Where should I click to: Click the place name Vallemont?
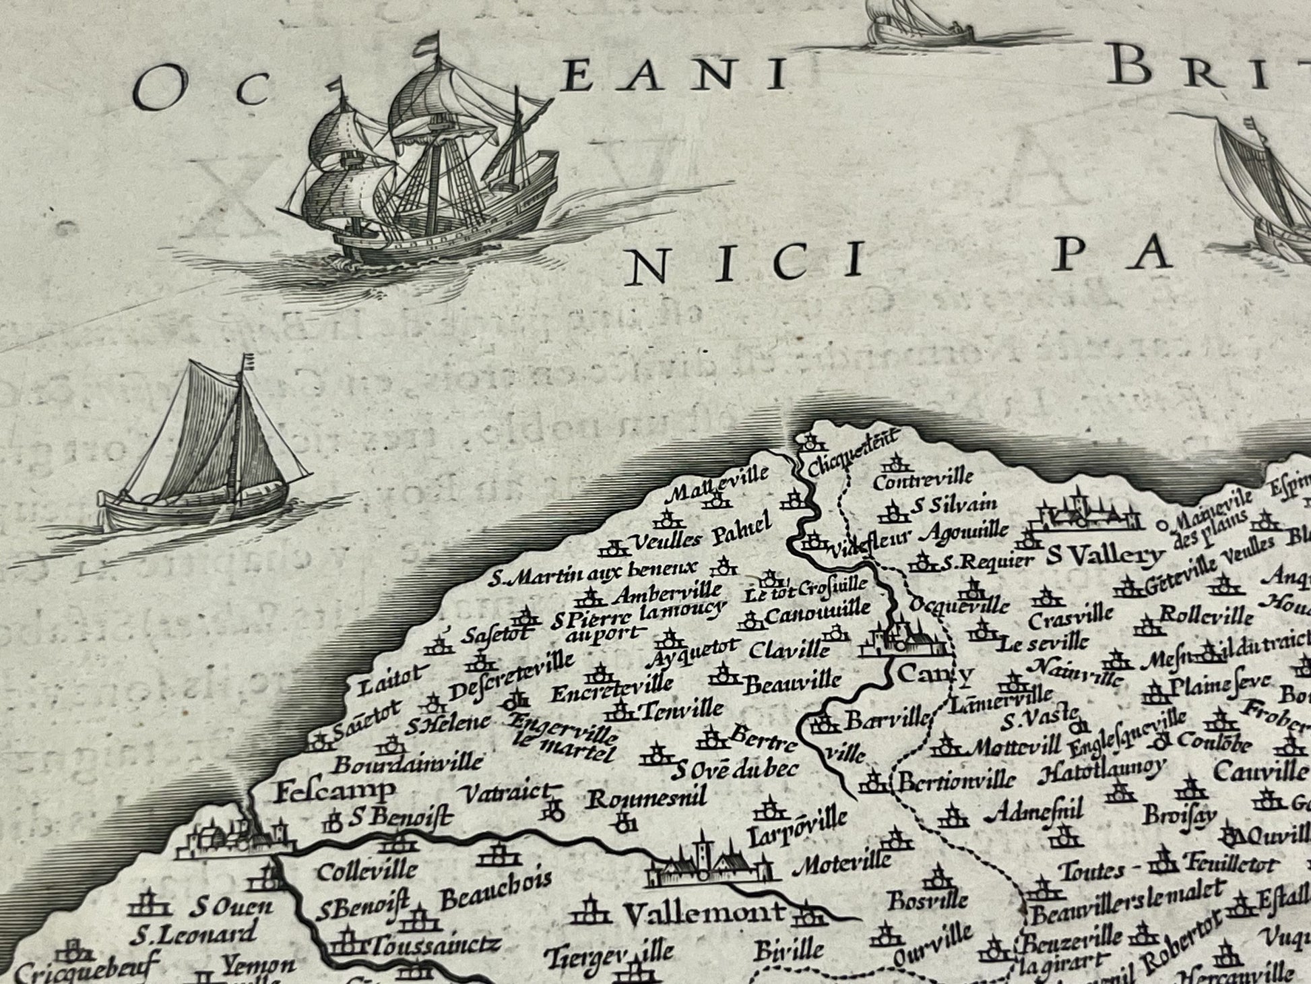point(704,914)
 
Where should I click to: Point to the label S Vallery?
point(1105,556)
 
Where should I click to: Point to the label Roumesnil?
point(647,799)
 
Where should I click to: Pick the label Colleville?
point(366,870)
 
